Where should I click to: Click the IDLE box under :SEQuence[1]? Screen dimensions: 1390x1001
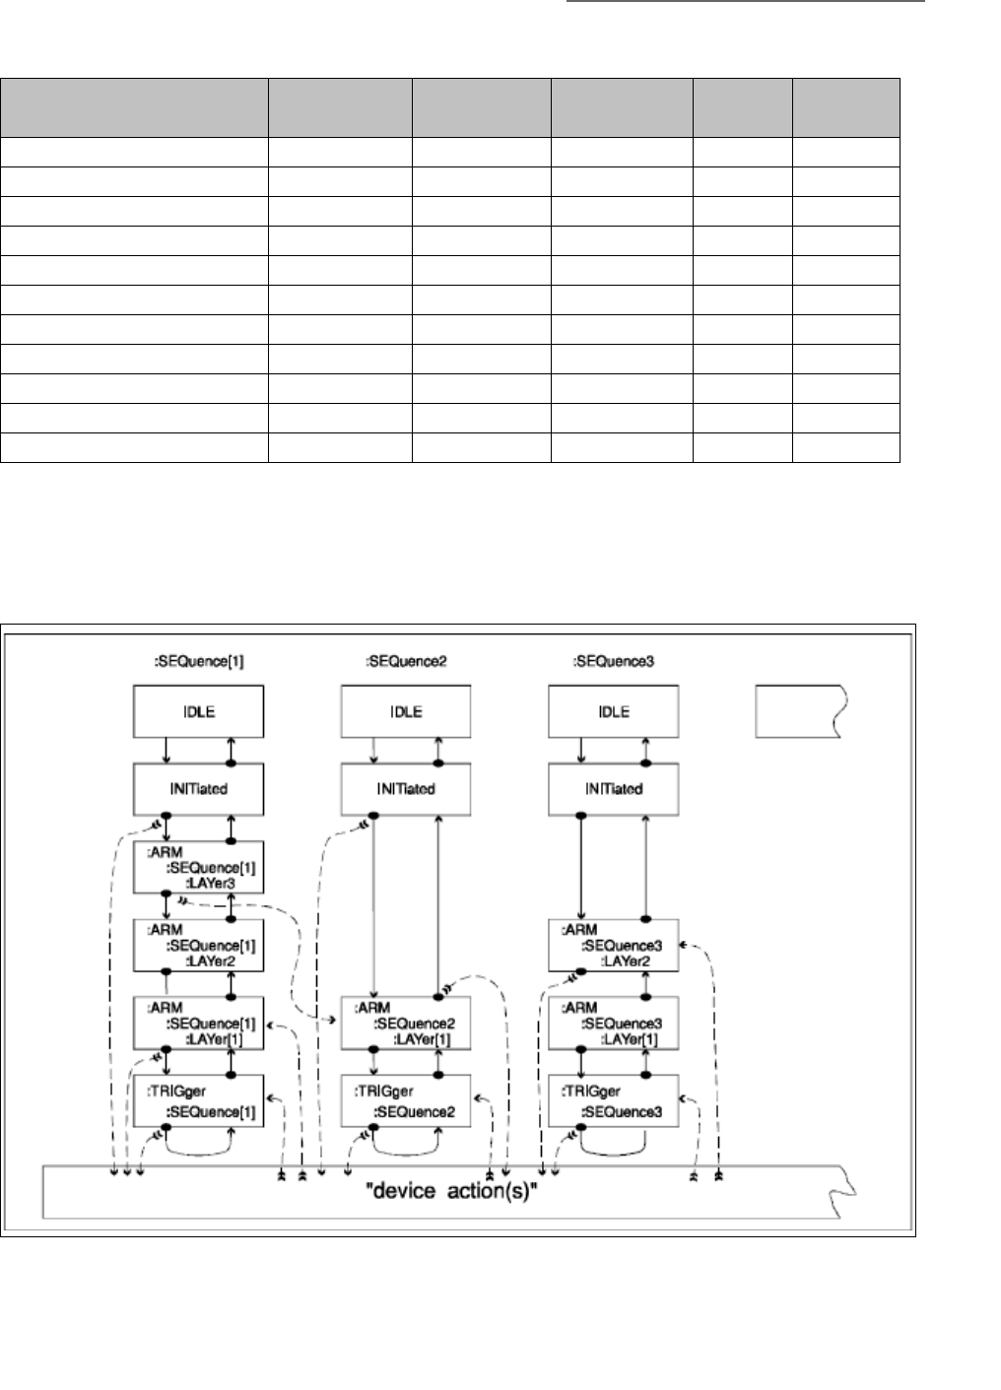tap(198, 711)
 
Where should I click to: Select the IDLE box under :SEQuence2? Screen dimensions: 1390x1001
tap(405, 711)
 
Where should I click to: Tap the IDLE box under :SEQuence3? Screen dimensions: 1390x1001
tap(613, 711)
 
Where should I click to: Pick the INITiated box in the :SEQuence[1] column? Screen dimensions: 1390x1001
tap(198, 789)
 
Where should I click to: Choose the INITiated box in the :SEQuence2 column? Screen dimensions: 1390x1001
tap(405, 789)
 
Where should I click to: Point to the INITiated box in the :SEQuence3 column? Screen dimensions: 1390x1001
tap(613, 789)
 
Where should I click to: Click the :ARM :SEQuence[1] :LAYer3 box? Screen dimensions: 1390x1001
tap(198, 867)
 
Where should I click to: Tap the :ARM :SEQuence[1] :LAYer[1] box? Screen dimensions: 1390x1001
tap(198, 1023)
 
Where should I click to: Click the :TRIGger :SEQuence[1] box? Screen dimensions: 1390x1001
tap(198, 1100)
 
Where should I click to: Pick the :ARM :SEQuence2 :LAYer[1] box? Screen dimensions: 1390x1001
tap(405, 1023)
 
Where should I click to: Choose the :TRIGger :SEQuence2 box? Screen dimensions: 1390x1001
tap(405, 1100)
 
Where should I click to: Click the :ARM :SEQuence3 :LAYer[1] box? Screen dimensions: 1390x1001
tap(613, 1023)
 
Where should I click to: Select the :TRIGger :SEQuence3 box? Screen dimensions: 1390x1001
tap(613, 1100)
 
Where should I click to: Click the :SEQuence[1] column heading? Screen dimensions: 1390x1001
tap(199, 661)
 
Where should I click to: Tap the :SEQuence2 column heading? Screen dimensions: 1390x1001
tap(406, 661)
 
